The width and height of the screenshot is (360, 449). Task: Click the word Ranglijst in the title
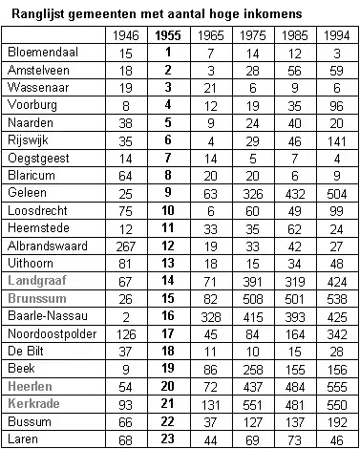38,13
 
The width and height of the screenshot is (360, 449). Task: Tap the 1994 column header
337,34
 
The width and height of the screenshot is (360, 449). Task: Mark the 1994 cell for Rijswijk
337,139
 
